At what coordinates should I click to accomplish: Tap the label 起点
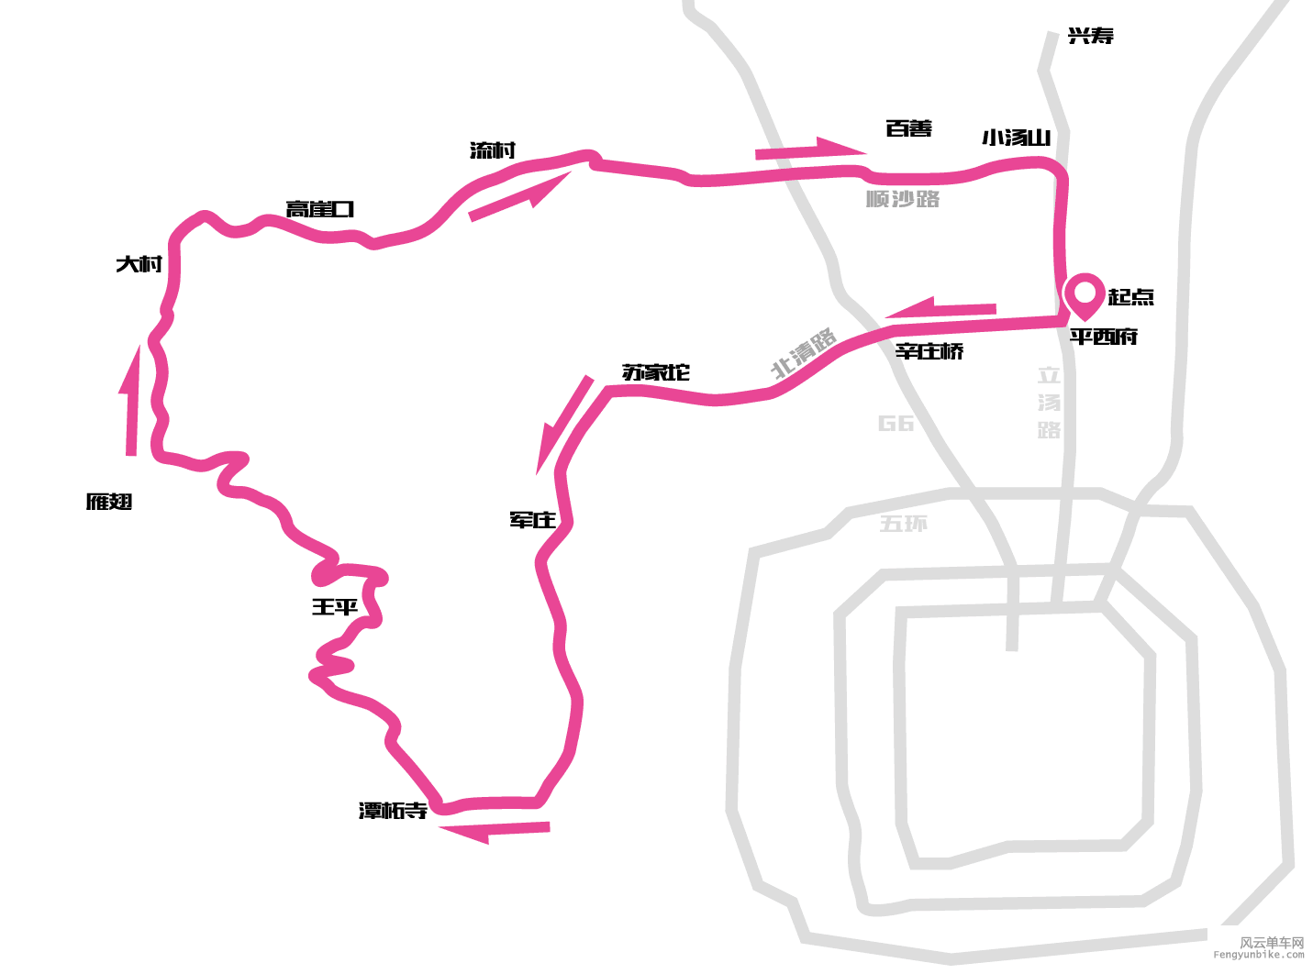pos(1130,297)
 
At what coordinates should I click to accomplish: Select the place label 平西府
pos(1103,337)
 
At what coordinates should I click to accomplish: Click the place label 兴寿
pos(1091,37)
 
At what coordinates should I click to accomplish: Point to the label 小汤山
pos(1016,138)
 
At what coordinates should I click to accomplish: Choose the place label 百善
pos(908,129)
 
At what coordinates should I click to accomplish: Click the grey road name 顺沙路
pos(903,199)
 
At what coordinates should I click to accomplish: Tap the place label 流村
pos(493,151)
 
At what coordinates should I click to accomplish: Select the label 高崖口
pos(319,210)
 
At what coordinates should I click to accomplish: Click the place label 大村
pos(139,265)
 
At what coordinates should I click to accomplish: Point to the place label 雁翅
pos(109,502)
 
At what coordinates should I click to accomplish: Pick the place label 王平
pos(334,607)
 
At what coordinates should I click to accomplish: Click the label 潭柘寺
pos(393,811)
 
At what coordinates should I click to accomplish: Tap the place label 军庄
pos(532,520)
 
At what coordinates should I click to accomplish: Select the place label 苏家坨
pos(655,372)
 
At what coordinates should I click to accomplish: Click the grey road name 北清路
pos(804,353)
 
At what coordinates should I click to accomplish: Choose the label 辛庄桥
pos(929,351)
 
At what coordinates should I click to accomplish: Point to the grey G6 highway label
pos(896,423)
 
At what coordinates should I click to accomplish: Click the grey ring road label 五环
pos(903,524)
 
